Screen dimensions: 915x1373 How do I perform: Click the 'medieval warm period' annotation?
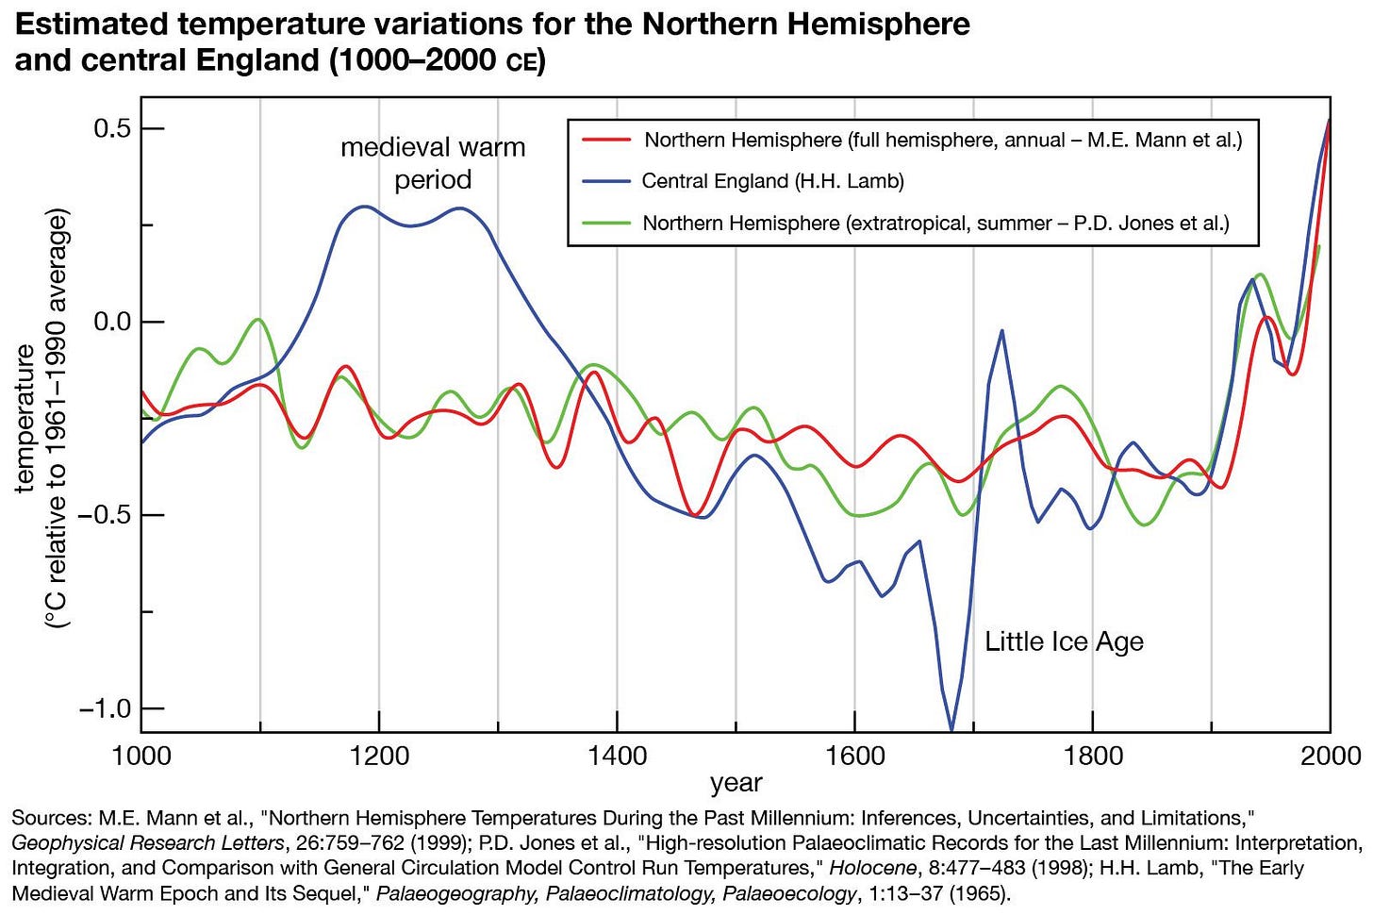433,163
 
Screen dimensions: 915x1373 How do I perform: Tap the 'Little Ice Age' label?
1064,641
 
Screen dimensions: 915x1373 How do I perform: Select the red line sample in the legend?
605,140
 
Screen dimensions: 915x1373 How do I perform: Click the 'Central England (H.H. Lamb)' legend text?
772,181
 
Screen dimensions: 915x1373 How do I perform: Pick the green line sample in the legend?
605,224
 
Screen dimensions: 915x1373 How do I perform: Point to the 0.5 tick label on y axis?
112,128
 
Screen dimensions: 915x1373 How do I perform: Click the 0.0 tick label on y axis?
112,322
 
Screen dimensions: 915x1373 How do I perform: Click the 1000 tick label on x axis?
141,756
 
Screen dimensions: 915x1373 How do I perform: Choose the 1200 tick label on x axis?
379,756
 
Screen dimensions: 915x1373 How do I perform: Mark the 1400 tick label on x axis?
617,756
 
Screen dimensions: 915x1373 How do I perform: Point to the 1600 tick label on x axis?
854,756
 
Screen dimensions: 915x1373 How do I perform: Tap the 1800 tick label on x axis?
1093,756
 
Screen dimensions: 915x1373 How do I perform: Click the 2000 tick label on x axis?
1331,756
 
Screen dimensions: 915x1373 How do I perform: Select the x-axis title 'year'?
736,783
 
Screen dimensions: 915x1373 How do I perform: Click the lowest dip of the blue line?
951,727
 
